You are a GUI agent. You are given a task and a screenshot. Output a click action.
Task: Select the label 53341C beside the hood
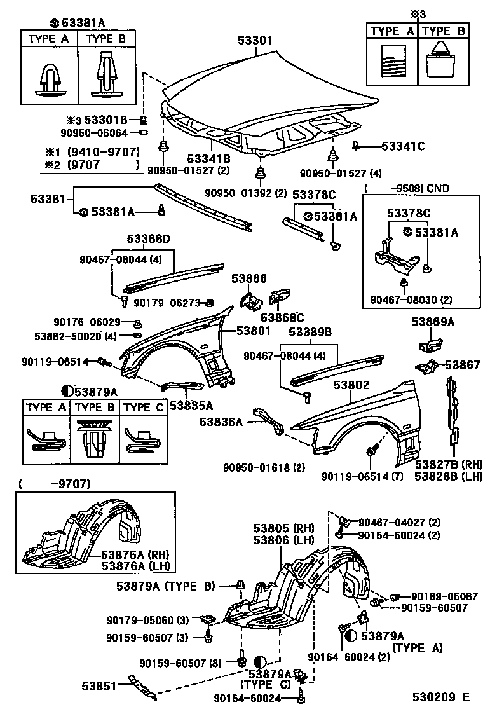click(x=403, y=146)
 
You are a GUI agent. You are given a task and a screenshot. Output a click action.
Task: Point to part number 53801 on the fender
click(x=254, y=331)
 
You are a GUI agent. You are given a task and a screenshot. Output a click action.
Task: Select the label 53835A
click(x=191, y=404)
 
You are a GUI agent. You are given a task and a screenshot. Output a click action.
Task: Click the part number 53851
click(x=99, y=686)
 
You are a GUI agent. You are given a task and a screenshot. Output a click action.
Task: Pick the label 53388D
click(x=148, y=239)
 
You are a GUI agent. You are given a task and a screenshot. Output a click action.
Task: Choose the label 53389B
click(x=311, y=332)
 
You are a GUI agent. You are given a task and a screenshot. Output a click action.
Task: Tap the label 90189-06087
click(x=444, y=596)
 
